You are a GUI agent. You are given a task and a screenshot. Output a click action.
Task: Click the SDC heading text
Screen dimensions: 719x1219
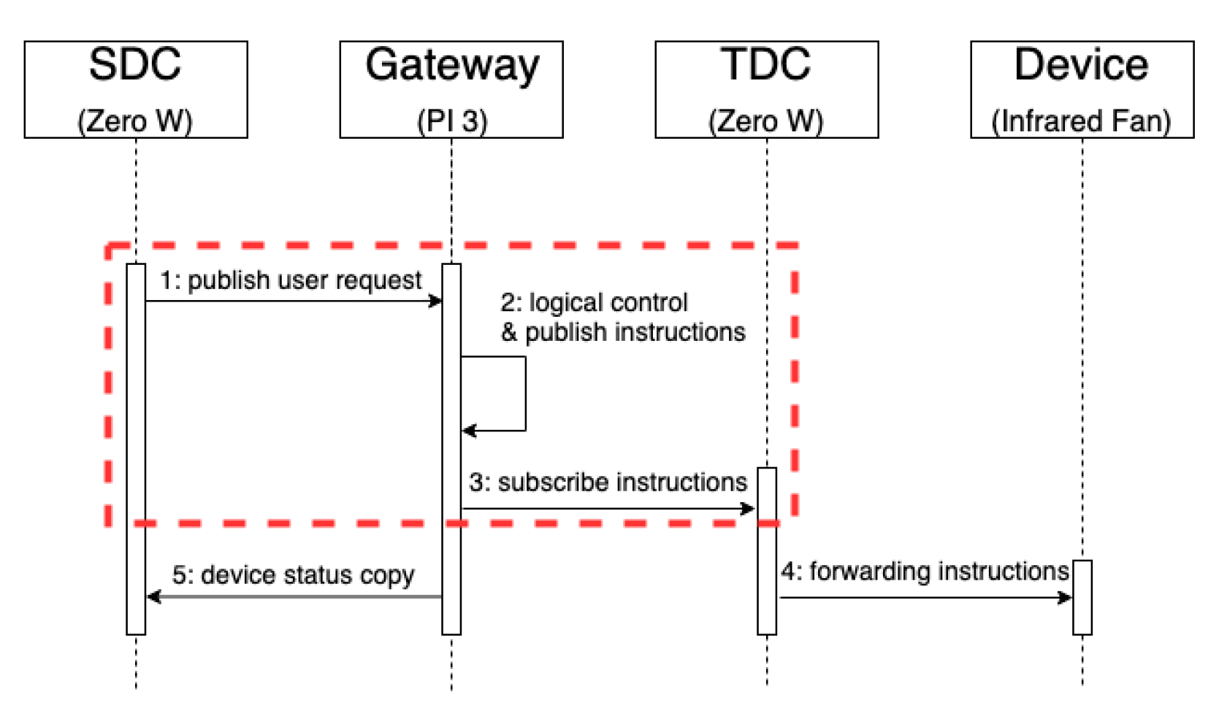pyautogui.click(x=135, y=64)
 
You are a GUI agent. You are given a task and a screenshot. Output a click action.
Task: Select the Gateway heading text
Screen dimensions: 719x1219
pyautogui.click(x=451, y=66)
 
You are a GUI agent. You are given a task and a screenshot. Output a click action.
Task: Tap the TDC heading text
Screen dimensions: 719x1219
pyautogui.click(x=765, y=64)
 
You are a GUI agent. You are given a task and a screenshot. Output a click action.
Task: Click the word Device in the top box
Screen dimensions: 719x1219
pyautogui.click(x=1081, y=64)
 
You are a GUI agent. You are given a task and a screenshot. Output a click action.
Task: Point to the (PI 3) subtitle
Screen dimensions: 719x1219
pyautogui.click(x=451, y=120)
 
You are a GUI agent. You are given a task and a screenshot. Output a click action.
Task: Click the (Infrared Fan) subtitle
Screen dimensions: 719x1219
pyautogui.click(x=1081, y=120)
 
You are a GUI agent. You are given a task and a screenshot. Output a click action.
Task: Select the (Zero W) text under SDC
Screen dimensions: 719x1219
pyautogui.click(x=135, y=120)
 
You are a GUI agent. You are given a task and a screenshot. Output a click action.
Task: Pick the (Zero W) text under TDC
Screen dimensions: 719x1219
pyautogui.click(x=765, y=120)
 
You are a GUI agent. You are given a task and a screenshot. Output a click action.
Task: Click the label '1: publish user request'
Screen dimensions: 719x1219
pyautogui.click(x=291, y=280)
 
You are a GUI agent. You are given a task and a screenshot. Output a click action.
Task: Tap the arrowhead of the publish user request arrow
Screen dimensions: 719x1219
pyautogui.click(x=436, y=301)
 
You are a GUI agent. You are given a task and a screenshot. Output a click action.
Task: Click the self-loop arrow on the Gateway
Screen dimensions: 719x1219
pyautogui.click(x=525, y=394)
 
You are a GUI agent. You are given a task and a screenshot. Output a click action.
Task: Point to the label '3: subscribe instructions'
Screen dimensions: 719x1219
pyautogui.click(x=608, y=482)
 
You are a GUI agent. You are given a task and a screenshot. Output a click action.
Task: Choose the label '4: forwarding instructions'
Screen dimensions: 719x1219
pyautogui.click(x=925, y=571)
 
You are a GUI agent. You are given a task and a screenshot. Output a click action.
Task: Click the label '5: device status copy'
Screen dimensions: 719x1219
pyautogui.click(x=293, y=575)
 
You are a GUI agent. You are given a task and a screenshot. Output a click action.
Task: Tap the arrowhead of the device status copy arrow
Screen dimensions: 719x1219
pyautogui.click(x=153, y=597)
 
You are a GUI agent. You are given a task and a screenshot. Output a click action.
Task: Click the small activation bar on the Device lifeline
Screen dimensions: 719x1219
pyautogui.click(x=1082, y=597)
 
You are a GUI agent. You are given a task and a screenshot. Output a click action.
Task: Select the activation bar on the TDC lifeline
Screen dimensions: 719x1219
pyautogui.click(x=766, y=551)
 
